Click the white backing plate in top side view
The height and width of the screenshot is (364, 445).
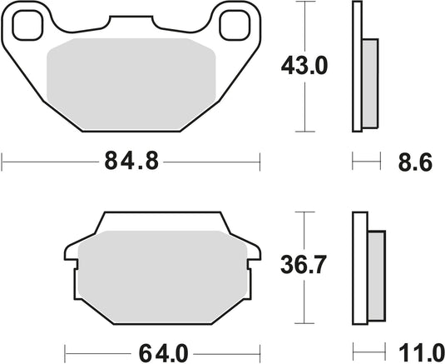(358, 67)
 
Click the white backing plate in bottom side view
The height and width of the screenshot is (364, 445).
(360, 267)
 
